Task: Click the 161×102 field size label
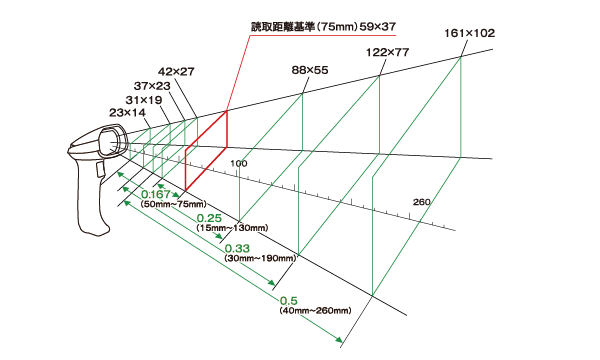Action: pyautogui.click(x=469, y=33)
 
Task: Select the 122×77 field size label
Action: pyautogui.click(x=387, y=51)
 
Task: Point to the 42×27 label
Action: pyautogui.click(x=176, y=71)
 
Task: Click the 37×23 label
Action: pyautogui.click(x=152, y=87)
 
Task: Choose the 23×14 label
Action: pyautogui.click(x=127, y=113)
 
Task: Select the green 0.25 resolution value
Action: pyautogui.click(x=208, y=218)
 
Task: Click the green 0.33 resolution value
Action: pyautogui.click(x=236, y=248)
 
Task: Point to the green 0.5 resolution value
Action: pyautogui.click(x=290, y=301)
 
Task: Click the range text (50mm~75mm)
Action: pyautogui.click(x=173, y=204)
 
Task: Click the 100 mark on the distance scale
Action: pyautogui.click(x=238, y=162)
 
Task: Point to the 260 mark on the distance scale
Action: pyautogui.click(x=421, y=203)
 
